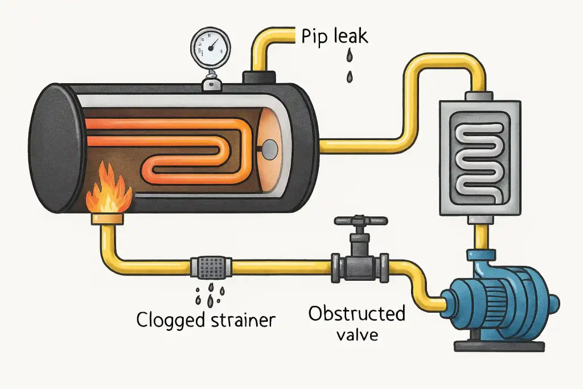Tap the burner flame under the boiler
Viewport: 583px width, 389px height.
point(107,189)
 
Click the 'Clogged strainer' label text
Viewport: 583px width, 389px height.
point(206,320)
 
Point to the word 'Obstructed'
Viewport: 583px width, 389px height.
point(357,313)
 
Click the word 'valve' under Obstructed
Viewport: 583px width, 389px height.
point(357,335)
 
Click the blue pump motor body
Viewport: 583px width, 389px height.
point(501,302)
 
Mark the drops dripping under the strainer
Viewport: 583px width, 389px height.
point(210,292)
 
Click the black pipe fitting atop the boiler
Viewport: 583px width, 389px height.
point(260,77)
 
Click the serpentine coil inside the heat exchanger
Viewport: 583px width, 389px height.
point(480,156)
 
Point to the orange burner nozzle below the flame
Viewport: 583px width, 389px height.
point(108,217)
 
